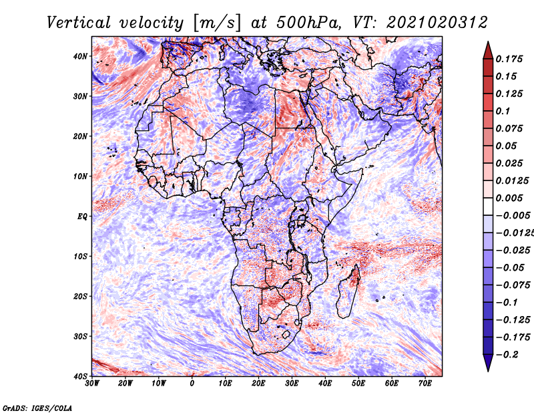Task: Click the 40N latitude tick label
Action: pos(80,56)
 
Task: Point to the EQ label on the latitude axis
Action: pos(82,217)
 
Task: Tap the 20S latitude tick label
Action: pos(80,296)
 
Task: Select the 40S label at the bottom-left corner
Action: pos(80,376)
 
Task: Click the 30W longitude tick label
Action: pos(92,384)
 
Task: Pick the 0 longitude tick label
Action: pos(192,384)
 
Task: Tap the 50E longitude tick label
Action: pos(358,384)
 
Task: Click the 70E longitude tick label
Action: pos(425,384)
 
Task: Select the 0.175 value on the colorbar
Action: pos(509,59)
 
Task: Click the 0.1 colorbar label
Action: pos(503,111)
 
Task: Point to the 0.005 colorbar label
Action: pos(509,198)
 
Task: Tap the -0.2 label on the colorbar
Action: pos(507,355)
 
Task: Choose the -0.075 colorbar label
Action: pos(513,285)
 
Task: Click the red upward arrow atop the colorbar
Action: pos(488,51)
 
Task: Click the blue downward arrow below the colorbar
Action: pos(488,363)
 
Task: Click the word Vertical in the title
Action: pos(79,23)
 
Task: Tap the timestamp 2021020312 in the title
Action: pos(437,23)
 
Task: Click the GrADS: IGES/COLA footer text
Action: pos(37,408)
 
